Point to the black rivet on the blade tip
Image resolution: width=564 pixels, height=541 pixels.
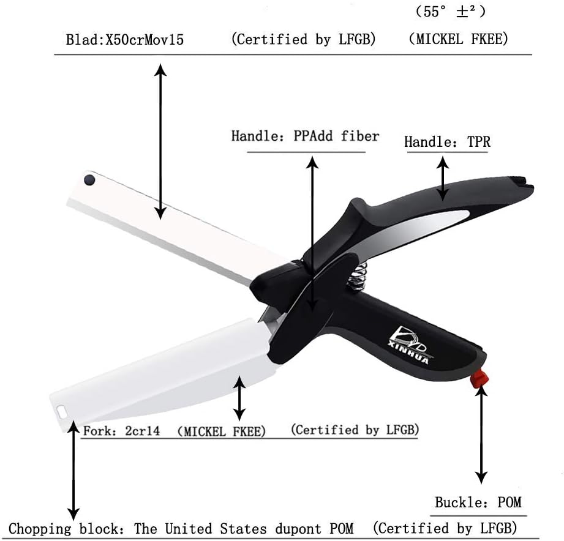coord(89,180)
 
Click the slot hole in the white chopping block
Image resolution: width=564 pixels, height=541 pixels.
coord(62,411)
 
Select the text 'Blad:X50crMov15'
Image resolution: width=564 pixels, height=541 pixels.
coord(125,41)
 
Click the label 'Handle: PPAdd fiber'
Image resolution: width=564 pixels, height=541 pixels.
coord(305,136)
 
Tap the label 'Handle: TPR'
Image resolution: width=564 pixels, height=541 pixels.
coord(447,143)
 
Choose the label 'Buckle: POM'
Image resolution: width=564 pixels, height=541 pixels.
coord(478,502)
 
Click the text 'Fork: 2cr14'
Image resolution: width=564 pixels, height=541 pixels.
coord(121,431)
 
